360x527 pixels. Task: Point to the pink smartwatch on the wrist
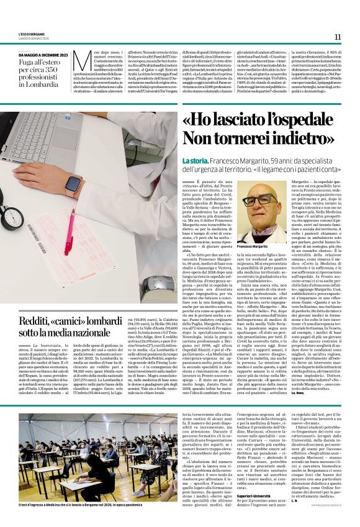click(x=74, y=185)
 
